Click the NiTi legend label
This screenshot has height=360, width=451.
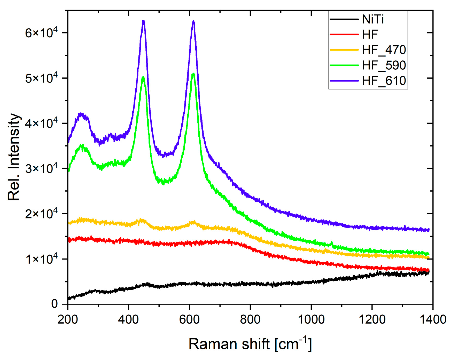tap(373, 19)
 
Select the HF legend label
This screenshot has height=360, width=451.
tap(370, 35)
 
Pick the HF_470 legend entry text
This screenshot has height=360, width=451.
tap(384, 50)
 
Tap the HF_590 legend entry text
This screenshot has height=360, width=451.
tap(384, 65)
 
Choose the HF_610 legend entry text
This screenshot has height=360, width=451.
tap(384, 81)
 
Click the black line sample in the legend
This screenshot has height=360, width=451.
tap(344, 19)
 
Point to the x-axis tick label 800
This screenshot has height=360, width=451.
tap(250, 319)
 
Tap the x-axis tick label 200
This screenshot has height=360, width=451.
tap(68, 319)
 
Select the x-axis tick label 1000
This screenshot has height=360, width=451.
tap(311, 319)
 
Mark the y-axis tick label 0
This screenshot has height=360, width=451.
tap(55, 304)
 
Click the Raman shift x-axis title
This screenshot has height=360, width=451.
tap(250, 344)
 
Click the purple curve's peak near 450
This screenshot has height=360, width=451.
tap(143, 21)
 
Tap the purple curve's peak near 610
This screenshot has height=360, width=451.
tap(193, 21)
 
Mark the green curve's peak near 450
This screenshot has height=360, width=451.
tap(143, 77)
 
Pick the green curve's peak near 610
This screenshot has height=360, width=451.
tap(193, 74)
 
